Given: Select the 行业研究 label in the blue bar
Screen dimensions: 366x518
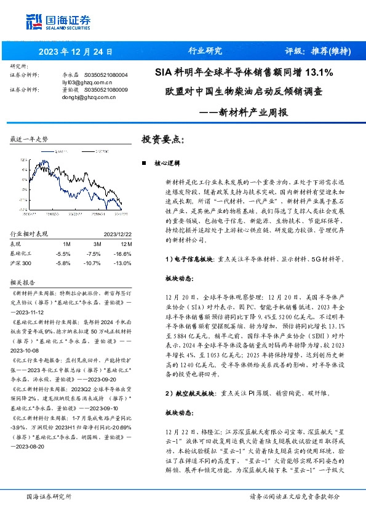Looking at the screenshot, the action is tap(205, 51).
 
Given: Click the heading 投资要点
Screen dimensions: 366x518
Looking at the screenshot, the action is tap(163, 140).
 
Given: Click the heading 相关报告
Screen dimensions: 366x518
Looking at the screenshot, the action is tap(23, 282).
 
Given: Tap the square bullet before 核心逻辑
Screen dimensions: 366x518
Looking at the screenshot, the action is tap(143, 164).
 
